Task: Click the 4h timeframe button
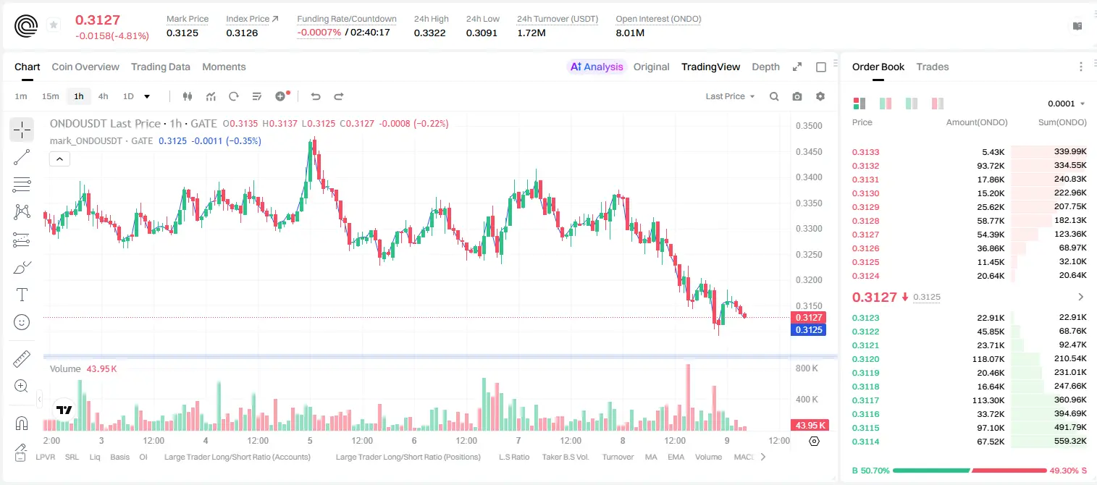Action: [x=103, y=96]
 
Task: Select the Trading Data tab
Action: [x=160, y=67]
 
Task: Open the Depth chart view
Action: [x=765, y=67]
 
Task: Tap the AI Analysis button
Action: [x=597, y=67]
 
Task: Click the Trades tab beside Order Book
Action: [x=933, y=67]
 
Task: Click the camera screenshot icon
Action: [x=797, y=96]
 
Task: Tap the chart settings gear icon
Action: [x=820, y=96]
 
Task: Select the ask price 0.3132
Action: [x=865, y=166]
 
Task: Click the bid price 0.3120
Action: [x=865, y=359]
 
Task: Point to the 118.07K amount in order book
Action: [x=988, y=359]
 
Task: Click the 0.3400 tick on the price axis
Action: [x=809, y=177]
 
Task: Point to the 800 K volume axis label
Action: [x=807, y=368]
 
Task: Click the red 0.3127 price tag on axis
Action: [x=808, y=318]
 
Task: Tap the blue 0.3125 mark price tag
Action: [x=808, y=330]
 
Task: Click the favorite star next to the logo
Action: [x=54, y=25]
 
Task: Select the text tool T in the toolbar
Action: [x=22, y=295]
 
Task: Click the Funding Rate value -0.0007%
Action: [x=319, y=33]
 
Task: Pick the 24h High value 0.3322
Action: [x=429, y=33]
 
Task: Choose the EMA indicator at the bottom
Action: [x=676, y=457]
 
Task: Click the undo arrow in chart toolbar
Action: [x=316, y=96]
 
